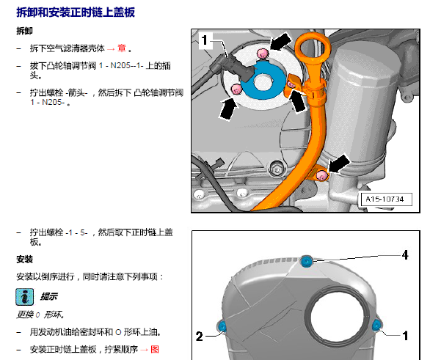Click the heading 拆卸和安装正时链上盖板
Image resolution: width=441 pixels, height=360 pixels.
(76, 12)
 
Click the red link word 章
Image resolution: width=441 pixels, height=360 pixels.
(122, 48)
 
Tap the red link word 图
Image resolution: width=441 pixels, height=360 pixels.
(155, 349)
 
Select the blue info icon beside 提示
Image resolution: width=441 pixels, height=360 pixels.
(25, 297)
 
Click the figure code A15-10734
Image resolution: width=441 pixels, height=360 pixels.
(384, 199)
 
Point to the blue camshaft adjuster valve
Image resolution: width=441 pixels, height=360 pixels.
(262, 81)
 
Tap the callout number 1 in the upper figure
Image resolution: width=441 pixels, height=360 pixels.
(205, 40)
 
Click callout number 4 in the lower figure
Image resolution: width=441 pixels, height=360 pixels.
(404, 255)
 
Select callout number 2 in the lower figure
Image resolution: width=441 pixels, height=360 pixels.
(199, 337)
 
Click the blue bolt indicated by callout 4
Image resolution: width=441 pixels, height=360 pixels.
(306, 261)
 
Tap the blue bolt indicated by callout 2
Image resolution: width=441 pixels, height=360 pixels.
(222, 327)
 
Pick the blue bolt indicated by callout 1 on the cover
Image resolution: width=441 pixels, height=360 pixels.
(376, 326)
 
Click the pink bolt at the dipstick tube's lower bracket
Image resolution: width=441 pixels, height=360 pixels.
(321, 176)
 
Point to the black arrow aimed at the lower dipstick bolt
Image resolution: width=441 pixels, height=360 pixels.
(338, 164)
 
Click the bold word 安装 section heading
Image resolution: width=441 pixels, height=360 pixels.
(24, 259)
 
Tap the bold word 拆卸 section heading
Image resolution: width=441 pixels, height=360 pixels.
(24, 31)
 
